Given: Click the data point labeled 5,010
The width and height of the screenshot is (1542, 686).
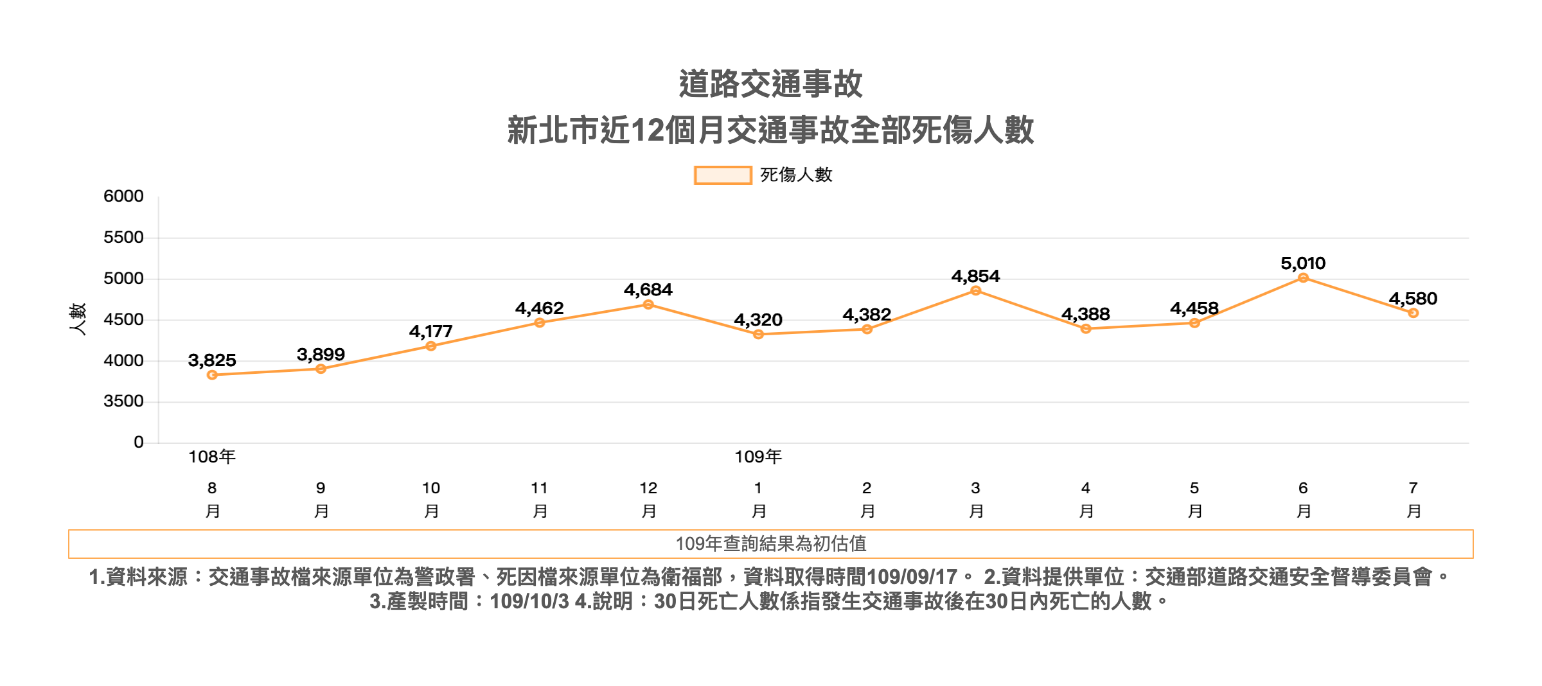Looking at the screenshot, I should click(x=1303, y=278).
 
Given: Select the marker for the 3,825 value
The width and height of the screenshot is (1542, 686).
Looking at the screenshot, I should click(x=212, y=375).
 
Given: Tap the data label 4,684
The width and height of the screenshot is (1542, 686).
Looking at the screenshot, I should click(x=648, y=290).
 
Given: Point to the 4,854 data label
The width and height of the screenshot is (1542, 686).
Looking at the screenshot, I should click(x=975, y=276).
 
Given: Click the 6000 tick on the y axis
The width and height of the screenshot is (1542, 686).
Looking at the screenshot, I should click(x=123, y=197).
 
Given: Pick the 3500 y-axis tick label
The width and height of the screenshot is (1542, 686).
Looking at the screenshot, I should click(x=123, y=401).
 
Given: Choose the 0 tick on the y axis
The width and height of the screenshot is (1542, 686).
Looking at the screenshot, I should click(x=138, y=442).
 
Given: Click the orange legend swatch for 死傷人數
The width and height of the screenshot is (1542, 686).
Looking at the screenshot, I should click(x=723, y=175).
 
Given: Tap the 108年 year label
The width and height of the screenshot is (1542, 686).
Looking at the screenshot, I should click(x=212, y=457).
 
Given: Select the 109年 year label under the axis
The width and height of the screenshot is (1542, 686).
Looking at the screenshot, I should click(x=758, y=457).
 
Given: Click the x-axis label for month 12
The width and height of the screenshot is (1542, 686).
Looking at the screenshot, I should click(x=648, y=499).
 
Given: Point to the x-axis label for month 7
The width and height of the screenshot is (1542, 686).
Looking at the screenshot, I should click(x=1413, y=499).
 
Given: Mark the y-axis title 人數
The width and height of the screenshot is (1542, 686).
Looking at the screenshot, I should click(x=78, y=319).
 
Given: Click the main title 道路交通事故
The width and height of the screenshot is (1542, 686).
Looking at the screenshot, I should click(x=770, y=84).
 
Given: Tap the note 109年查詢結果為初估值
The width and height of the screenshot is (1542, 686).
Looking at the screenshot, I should click(x=770, y=544).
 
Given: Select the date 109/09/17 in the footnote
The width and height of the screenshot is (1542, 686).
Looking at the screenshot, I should click(x=912, y=577).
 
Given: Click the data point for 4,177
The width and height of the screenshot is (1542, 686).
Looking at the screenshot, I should click(x=431, y=346).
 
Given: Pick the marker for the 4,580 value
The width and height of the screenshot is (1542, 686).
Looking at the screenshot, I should click(x=1413, y=313).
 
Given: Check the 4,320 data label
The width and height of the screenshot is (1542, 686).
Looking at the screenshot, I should click(x=758, y=320).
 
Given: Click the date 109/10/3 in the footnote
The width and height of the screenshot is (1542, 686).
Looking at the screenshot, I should click(x=529, y=602).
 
